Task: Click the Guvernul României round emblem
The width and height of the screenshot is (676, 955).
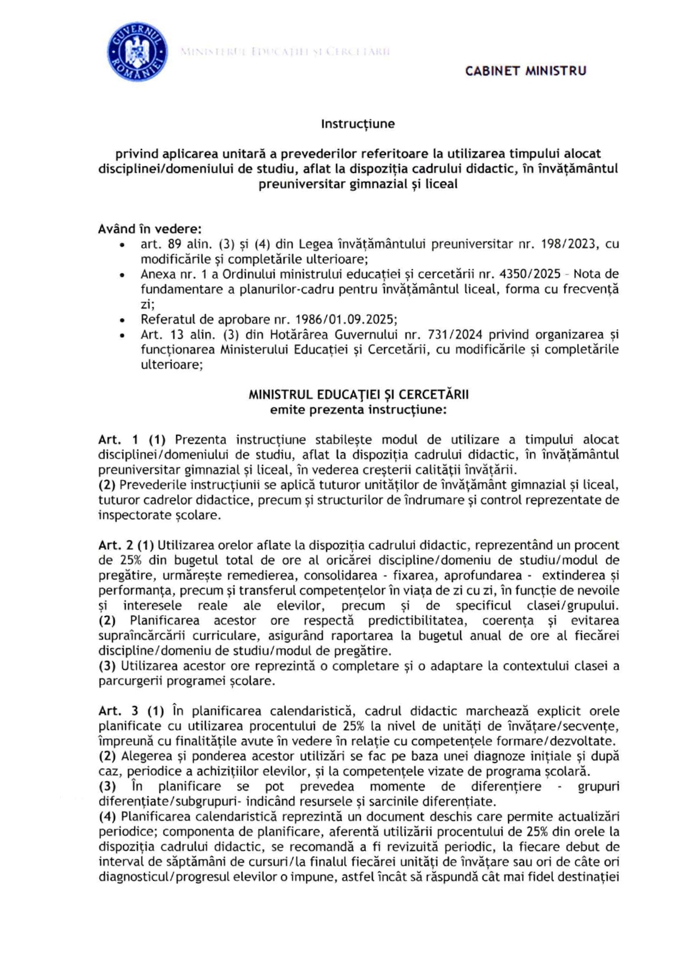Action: click(137, 53)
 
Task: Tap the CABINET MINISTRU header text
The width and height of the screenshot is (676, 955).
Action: click(526, 71)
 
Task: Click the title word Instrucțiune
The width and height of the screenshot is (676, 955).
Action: click(358, 124)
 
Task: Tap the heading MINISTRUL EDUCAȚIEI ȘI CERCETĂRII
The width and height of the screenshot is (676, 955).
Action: click(358, 394)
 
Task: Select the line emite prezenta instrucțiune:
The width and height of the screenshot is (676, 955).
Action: click(358, 410)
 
